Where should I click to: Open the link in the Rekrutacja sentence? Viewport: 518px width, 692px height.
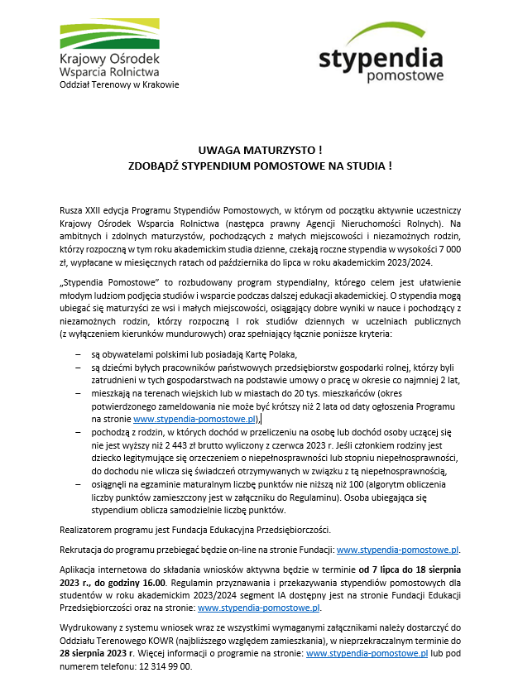396,548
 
